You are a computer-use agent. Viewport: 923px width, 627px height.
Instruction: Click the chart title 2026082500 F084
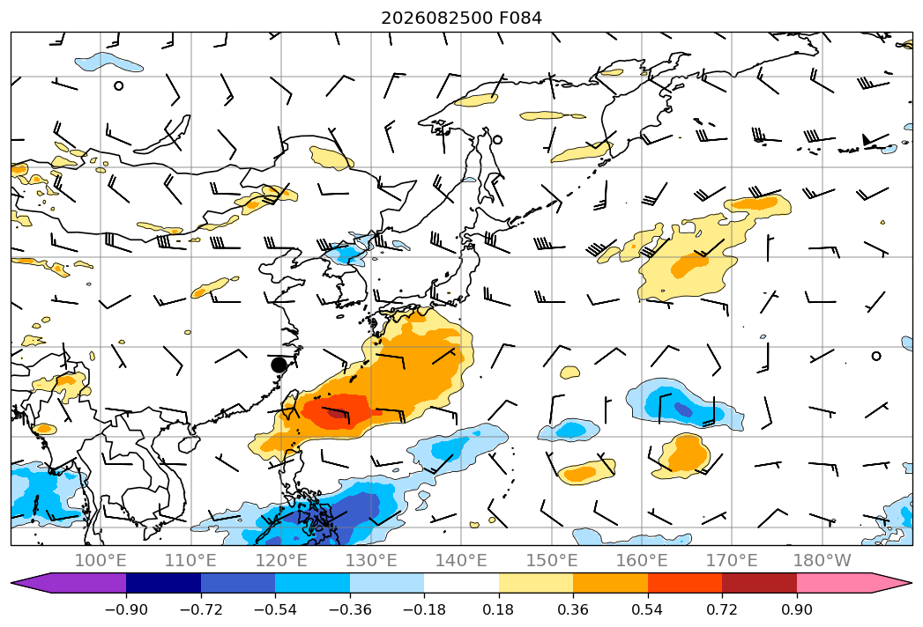click(x=462, y=18)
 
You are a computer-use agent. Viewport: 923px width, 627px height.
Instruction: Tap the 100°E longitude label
click(x=100, y=560)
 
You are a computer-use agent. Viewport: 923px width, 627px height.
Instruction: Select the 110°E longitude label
click(x=190, y=560)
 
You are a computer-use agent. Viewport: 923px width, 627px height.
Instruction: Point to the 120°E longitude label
click(x=281, y=560)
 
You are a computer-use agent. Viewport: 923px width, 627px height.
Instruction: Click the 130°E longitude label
click(x=371, y=560)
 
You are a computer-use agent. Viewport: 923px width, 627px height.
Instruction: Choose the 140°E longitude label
click(x=461, y=560)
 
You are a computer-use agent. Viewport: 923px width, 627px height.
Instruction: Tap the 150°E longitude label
click(x=552, y=560)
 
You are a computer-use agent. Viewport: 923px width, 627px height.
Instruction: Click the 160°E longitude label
click(x=642, y=560)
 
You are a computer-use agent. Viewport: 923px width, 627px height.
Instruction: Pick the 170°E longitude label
click(x=732, y=560)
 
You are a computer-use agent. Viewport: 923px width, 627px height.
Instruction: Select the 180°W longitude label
click(x=822, y=560)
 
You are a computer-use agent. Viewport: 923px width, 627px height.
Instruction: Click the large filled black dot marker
click(x=279, y=365)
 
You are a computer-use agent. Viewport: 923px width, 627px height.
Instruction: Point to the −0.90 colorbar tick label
click(x=126, y=609)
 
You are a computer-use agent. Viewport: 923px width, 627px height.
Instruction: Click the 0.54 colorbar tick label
click(x=648, y=609)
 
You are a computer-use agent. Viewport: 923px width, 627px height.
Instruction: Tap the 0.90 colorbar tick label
click(x=796, y=609)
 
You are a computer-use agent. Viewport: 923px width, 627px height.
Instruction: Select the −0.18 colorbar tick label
click(x=424, y=609)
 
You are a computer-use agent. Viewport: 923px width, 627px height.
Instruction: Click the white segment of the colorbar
click(x=462, y=583)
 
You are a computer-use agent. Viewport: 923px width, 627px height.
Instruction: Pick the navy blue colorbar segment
click(x=164, y=583)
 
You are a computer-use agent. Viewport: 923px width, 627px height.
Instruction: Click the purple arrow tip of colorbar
click(x=31, y=583)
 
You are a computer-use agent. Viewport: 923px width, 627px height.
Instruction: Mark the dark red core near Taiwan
click(x=337, y=414)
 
